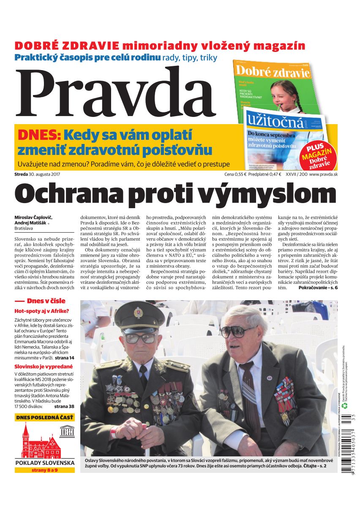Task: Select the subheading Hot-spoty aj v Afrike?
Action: (x=41, y=311)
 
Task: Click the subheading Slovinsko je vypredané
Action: (x=44, y=366)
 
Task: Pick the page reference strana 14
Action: (x=64, y=357)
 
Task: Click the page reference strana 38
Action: (x=64, y=406)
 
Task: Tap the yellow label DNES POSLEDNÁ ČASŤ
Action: (x=44, y=418)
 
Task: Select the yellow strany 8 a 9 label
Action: (x=44, y=470)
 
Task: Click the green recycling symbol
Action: (x=344, y=406)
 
